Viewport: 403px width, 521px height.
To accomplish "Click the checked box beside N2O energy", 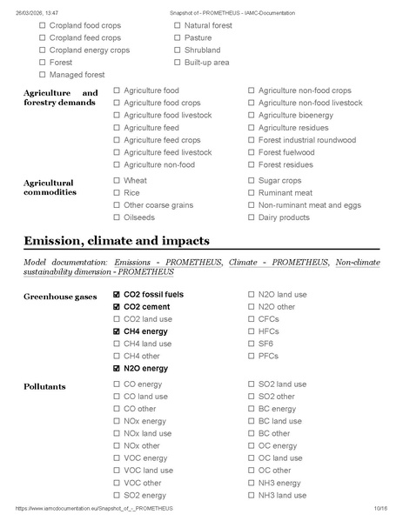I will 117,368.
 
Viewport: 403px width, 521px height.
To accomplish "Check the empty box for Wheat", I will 117,181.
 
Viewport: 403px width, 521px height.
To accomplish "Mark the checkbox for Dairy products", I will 252,217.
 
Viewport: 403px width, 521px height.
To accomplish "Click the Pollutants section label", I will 45,385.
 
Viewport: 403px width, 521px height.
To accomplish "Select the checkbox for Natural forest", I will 178,26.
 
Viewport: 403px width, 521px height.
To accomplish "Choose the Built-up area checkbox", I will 178,63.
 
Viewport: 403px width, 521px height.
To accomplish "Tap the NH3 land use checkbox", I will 252,495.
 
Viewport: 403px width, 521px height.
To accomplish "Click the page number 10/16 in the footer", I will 379,508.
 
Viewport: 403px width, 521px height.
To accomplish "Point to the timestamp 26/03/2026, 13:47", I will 35,13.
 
